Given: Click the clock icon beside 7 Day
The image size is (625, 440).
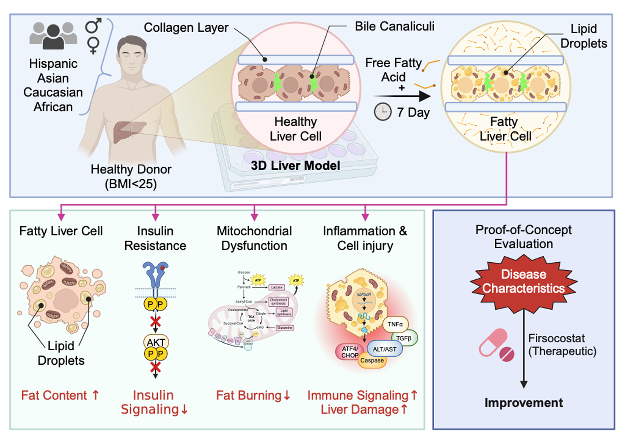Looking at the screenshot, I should [x=382, y=112].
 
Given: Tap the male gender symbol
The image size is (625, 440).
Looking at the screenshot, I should [x=93, y=26].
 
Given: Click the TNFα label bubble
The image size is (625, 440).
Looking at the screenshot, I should [x=395, y=324].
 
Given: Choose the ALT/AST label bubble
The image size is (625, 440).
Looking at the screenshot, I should [x=385, y=349].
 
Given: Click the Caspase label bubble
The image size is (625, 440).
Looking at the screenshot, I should [x=372, y=360].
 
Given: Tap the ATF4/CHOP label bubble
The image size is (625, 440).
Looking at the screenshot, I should [x=350, y=352].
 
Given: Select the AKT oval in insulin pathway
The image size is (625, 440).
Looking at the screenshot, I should [x=156, y=342].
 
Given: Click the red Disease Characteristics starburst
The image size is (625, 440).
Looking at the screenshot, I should [x=523, y=282].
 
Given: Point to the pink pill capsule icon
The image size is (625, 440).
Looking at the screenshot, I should [x=496, y=345].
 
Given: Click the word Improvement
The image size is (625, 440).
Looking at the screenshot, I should [x=523, y=403].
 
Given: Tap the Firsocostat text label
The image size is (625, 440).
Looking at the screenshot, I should [x=556, y=338].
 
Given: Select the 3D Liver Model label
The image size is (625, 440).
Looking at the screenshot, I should [x=295, y=166].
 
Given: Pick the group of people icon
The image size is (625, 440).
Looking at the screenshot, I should [x=53, y=35].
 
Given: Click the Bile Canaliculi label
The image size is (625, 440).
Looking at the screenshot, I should [x=394, y=26].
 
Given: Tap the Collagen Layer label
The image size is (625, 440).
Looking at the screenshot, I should [x=186, y=27].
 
